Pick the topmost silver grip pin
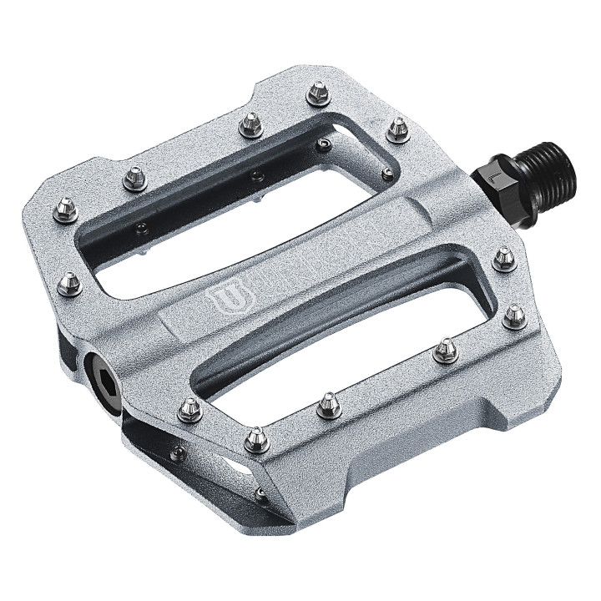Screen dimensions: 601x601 318,93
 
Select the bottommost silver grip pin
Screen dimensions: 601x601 257,437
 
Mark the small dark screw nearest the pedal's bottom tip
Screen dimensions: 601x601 261,494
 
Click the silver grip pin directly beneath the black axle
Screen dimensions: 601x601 504,258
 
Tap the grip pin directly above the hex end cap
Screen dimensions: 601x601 70,284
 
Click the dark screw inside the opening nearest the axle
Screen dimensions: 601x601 386,174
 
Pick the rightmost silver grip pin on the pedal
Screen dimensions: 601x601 515,315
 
